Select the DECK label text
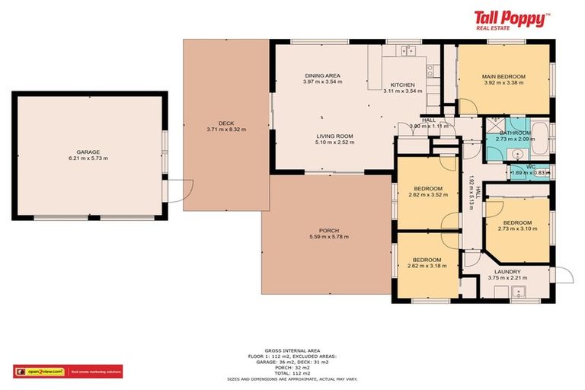(x=225, y=123)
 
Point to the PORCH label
(x=329, y=231)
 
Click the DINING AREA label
(x=322, y=75)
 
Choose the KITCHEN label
(x=402, y=85)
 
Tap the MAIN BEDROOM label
(x=503, y=76)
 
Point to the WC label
(x=531, y=166)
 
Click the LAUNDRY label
(x=507, y=271)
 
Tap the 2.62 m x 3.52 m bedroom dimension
(x=428, y=194)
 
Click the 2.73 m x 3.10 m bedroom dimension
(x=516, y=229)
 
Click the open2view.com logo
(x=39, y=372)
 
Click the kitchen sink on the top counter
(x=407, y=50)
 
